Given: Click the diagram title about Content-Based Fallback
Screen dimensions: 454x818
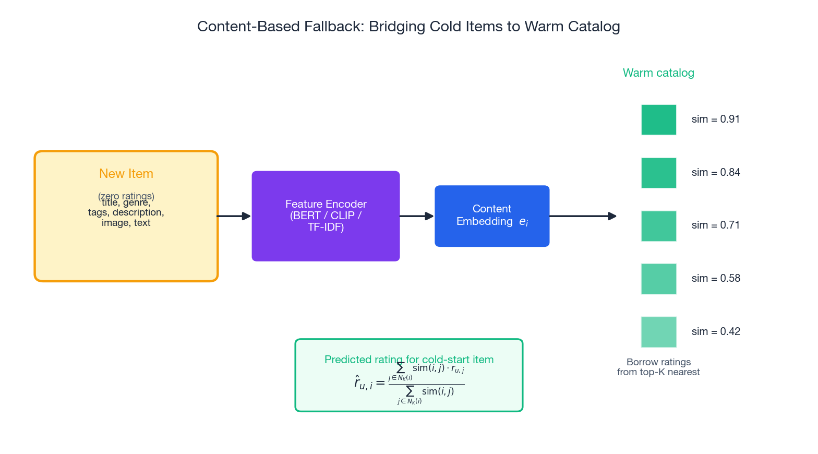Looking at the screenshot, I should tap(408, 27).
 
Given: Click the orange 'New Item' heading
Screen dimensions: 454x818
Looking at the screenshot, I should tap(126, 174).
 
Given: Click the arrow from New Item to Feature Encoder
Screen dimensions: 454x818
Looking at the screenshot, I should tap(234, 216).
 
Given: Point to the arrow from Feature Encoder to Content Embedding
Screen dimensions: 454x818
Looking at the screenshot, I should tap(416, 216).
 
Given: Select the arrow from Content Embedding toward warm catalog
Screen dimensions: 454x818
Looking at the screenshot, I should tap(582, 216).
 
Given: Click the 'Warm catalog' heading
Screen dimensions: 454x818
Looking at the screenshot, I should tap(658, 73).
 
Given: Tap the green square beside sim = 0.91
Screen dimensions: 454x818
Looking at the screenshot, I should tap(658, 120).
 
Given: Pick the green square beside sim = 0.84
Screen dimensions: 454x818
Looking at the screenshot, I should tap(658, 173).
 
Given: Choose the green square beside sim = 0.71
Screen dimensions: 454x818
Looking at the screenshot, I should tap(658, 226).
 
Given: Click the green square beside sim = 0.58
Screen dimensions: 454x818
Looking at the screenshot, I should tap(658, 279).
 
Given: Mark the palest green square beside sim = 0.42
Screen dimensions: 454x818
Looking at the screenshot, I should tap(658, 332).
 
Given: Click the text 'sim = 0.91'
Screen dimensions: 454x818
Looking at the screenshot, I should tap(716, 120).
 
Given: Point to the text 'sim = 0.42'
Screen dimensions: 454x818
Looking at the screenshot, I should tap(716, 332).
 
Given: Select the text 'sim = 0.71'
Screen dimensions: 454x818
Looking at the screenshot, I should tap(716, 225).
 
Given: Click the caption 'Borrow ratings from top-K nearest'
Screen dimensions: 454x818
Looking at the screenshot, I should tap(658, 367).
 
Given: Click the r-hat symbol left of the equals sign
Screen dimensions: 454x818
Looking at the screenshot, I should tap(363, 384).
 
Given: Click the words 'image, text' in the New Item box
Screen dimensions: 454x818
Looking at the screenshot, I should tap(126, 223).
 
